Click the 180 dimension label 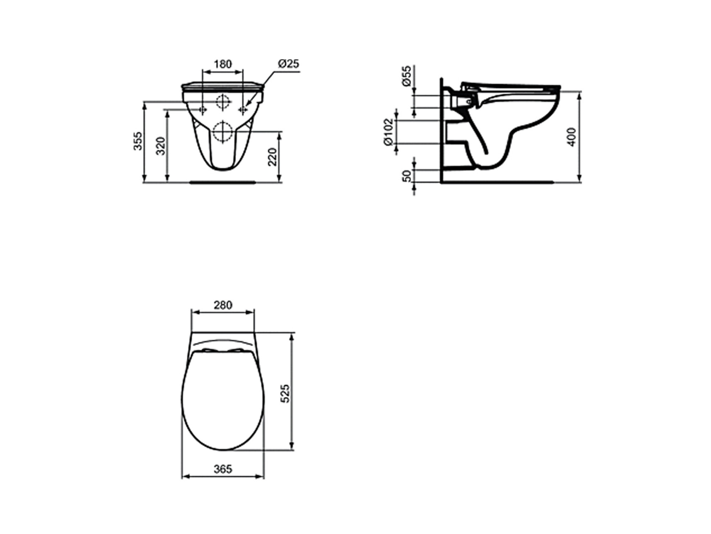(223, 64)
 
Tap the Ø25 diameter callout (288, 64)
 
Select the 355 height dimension (138, 141)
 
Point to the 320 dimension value (161, 146)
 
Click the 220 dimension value (272, 157)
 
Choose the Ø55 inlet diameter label (406, 75)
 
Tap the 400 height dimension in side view (572, 137)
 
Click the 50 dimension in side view (407, 176)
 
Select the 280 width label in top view (223, 305)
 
